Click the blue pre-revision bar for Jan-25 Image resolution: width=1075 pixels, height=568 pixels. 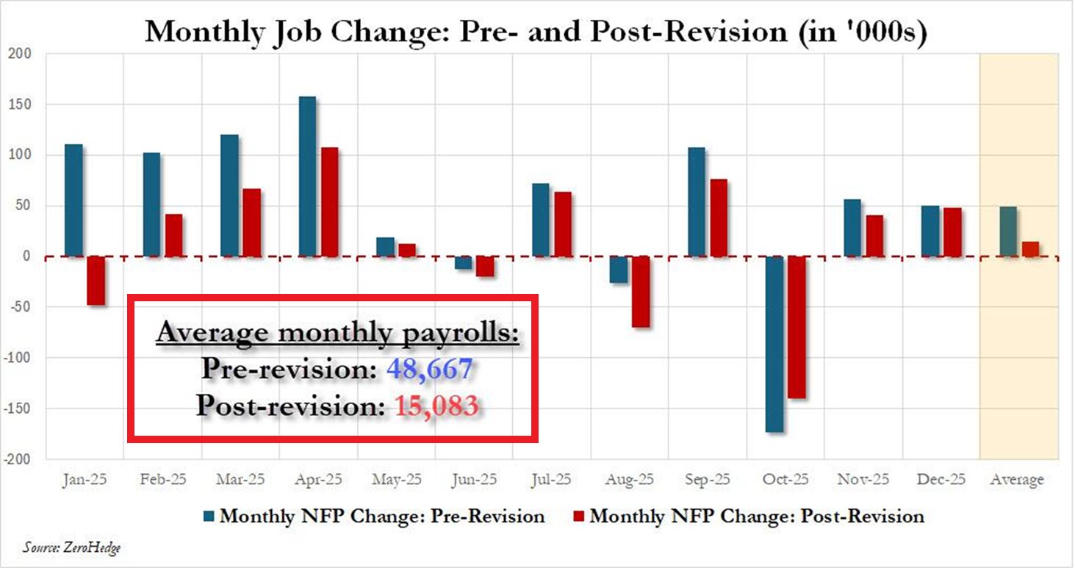[73, 200]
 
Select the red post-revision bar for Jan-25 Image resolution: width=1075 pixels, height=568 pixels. [96, 281]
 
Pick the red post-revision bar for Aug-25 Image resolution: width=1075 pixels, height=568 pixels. [640, 292]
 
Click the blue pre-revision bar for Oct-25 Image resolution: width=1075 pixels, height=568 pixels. [774, 344]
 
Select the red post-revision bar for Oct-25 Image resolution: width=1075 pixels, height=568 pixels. [797, 327]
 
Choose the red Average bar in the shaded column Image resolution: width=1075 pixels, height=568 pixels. [1030, 249]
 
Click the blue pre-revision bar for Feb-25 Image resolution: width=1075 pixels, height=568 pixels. [151, 204]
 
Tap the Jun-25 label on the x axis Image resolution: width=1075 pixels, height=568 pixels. [475, 480]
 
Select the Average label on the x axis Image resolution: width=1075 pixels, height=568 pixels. [1018, 480]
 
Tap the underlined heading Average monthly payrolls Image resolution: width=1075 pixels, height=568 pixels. [337, 333]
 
